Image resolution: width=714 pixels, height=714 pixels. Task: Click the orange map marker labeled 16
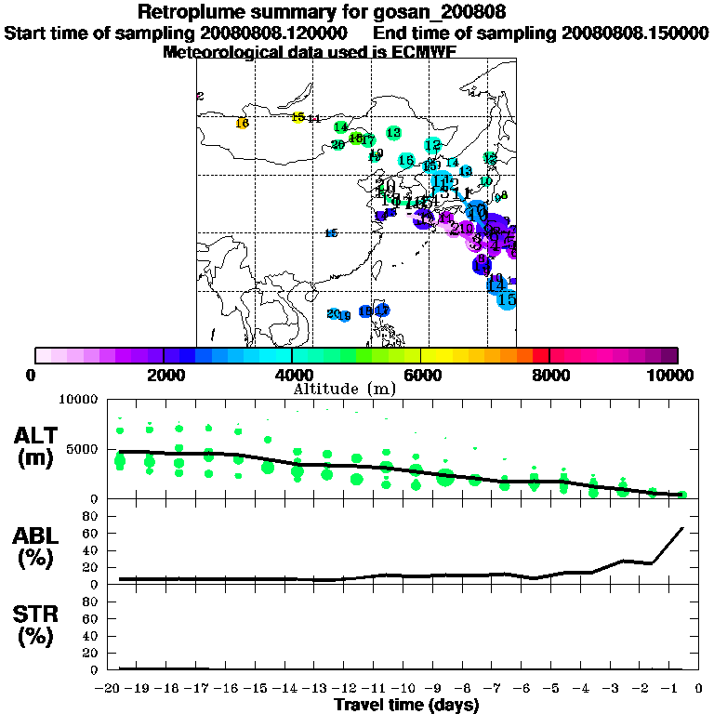point(242,123)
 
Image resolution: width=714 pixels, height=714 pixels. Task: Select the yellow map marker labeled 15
point(297,117)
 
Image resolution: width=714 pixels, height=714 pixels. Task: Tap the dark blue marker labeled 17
point(382,310)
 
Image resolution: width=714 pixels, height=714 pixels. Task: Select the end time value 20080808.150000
point(634,33)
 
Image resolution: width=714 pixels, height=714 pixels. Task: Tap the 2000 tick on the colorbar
point(164,355)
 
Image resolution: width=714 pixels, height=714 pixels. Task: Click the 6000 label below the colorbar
point(420,375)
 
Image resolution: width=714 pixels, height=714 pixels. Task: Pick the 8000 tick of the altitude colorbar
point(549,355)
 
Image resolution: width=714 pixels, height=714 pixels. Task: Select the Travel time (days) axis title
point(406,706)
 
